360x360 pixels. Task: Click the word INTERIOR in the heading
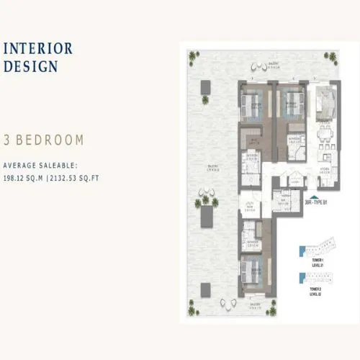pyautogui.click(x=38, y=49)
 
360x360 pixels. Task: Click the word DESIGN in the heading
pyautogui.click(x=30, y=67)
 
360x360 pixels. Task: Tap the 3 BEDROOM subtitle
pyautogui.click(x=43, y=140)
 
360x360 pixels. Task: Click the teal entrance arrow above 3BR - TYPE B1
pyautogui.click(x=312, y=195)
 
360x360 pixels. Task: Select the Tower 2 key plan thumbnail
pyautogui.click(x=312, y=280)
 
